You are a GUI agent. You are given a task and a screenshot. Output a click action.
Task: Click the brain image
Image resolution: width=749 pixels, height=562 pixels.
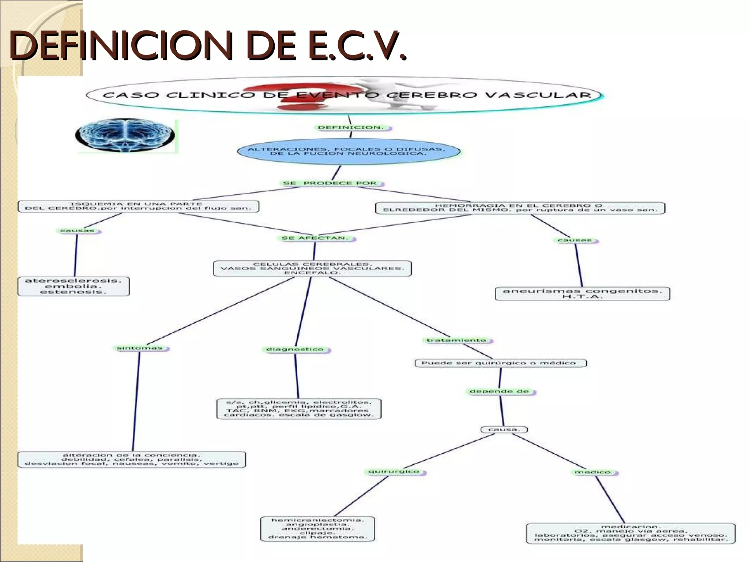125,135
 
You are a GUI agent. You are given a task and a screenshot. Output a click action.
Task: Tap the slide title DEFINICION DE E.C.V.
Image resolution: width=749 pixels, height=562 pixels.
207,46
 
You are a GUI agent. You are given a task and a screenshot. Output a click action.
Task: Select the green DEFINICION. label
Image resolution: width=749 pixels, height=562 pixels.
351,128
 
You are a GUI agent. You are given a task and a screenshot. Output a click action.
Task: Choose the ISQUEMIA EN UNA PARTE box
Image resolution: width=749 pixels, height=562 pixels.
138,206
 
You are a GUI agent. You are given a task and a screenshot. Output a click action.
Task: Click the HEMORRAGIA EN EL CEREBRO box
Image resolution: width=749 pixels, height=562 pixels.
520,208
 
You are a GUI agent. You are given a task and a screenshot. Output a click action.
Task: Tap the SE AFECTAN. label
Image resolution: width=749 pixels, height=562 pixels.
315,238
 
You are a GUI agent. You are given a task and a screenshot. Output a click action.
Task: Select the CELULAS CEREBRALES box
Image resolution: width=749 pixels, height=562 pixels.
312,269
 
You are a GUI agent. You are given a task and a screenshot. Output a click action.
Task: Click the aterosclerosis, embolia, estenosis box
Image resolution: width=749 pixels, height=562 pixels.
74,286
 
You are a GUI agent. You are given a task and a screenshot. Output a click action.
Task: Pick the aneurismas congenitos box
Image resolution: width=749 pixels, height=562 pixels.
582,293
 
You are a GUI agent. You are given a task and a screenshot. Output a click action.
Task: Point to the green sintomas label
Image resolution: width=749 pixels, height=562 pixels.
140,348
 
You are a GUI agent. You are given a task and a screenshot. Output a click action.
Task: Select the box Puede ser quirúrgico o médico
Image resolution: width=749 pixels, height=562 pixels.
500,363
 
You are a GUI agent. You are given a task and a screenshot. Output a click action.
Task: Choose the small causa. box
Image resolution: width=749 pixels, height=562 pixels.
504,429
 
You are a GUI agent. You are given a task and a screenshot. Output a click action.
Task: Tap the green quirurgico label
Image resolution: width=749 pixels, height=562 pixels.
395,472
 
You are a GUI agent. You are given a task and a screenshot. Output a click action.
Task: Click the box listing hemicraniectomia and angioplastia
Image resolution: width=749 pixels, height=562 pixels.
317,529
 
